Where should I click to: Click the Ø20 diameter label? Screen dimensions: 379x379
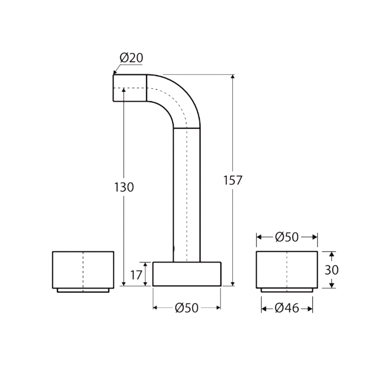point(131,58)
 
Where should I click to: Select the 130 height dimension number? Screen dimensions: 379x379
point(124,187)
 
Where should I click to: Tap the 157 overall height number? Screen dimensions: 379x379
point(233,180)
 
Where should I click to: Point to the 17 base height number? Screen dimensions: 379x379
point(136,275)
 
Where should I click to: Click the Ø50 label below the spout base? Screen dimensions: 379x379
point(187,308)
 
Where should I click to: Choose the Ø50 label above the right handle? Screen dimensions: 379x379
point(287,237)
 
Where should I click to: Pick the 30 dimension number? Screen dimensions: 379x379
point(332,270)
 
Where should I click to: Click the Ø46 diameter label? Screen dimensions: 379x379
point(287,308)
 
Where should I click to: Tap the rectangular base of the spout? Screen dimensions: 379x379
point(187,274)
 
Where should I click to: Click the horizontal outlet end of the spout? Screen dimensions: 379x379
point(129,88)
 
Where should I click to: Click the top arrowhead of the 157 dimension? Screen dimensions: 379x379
point(232,77)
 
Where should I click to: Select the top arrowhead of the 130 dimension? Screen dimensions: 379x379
point(124,90)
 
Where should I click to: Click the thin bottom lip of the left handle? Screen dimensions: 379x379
point(83,291)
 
